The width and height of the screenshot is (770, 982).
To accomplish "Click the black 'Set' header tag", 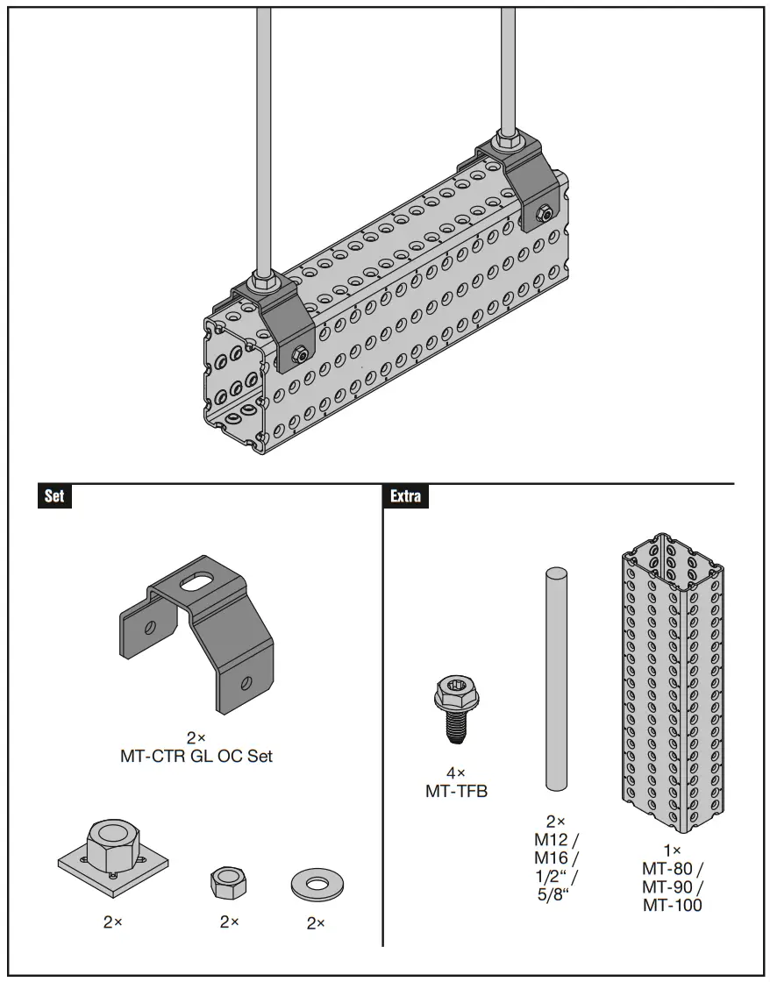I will point(54,496).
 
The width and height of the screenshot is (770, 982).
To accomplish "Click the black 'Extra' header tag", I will point(406,496).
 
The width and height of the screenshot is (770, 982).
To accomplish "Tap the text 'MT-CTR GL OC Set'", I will point(196,756).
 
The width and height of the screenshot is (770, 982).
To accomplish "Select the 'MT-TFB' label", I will point(455,792).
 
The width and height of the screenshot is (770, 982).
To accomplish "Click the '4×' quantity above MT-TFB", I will point(455,773).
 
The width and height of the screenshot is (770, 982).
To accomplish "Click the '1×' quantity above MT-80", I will point(673,850).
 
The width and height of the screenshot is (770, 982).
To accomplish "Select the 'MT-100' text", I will point(673,906).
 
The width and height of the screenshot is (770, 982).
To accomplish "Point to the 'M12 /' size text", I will point(556,840).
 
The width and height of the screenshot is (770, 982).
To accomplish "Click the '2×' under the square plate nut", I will point(113,922).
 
